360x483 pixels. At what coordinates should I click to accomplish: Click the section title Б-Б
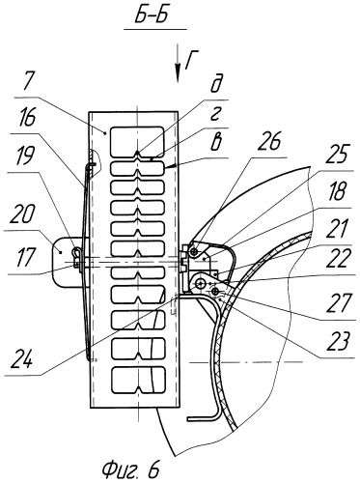pyautogui.click(x=152, y=15)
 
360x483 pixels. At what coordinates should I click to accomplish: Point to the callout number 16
pyautogui.click(x=27, y=120)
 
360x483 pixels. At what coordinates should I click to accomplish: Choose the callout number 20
pyautogui.click(x=22, y=214)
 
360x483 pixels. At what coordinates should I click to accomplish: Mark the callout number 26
pyautogui.click(x=269, y=142)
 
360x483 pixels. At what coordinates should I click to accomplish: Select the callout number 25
pyautogui.click(x=337, y=155)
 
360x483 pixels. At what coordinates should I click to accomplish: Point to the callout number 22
pyautogui.click(x=338, y=259)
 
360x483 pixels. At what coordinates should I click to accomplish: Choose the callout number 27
pyautogui.click(x=338, y=304)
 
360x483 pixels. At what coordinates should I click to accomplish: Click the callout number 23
pyautogui.click(x=338, y=342)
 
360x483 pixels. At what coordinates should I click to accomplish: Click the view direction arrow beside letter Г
pyautogui.click(x=178, y=64)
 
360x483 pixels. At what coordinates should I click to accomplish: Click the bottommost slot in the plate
pyautogui.click(x=137, y=381)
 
